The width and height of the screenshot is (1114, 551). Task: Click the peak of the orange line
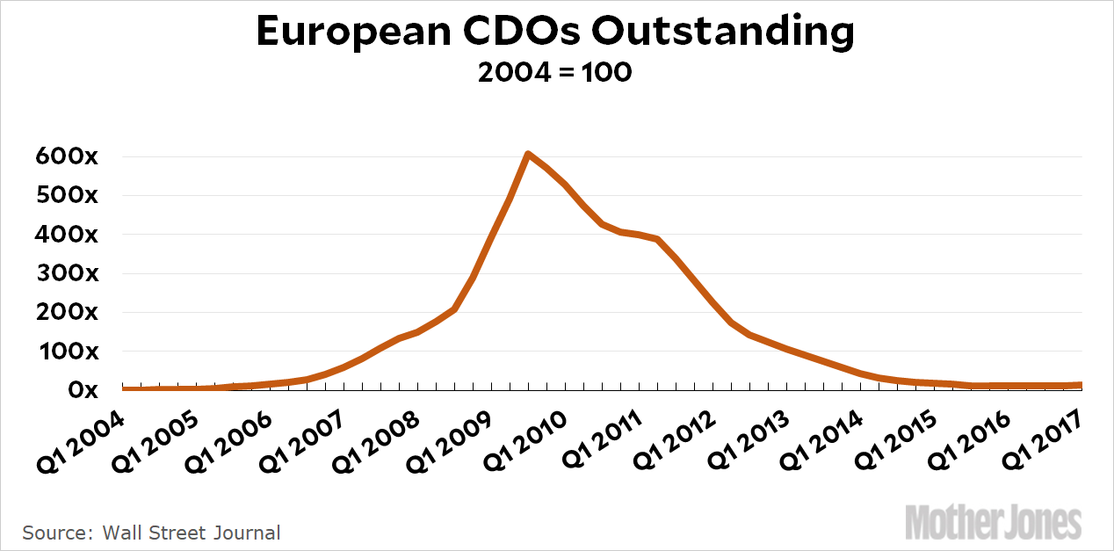(x=527, y=155)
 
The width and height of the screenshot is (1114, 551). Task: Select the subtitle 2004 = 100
(x=555, y=72)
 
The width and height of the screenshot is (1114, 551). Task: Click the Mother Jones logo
(x=993, y=522)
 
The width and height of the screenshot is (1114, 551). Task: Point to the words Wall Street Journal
(x=192, y=533)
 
